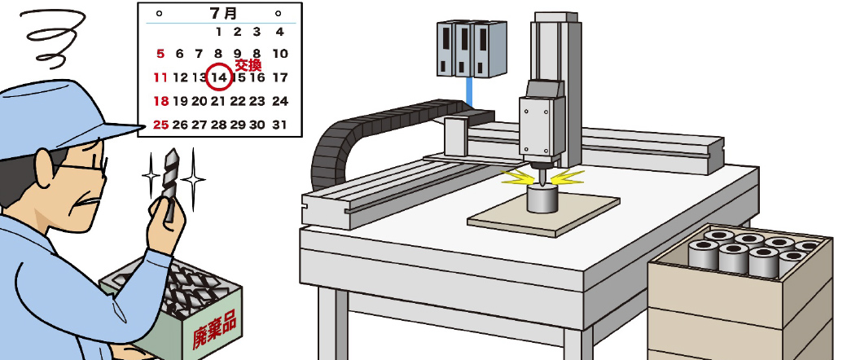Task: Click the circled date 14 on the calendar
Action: (219, 77)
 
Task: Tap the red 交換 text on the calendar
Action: (248, 65)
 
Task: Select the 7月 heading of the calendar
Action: (223, 13)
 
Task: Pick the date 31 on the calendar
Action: (279, 125)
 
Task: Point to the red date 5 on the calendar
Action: (160, 54)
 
